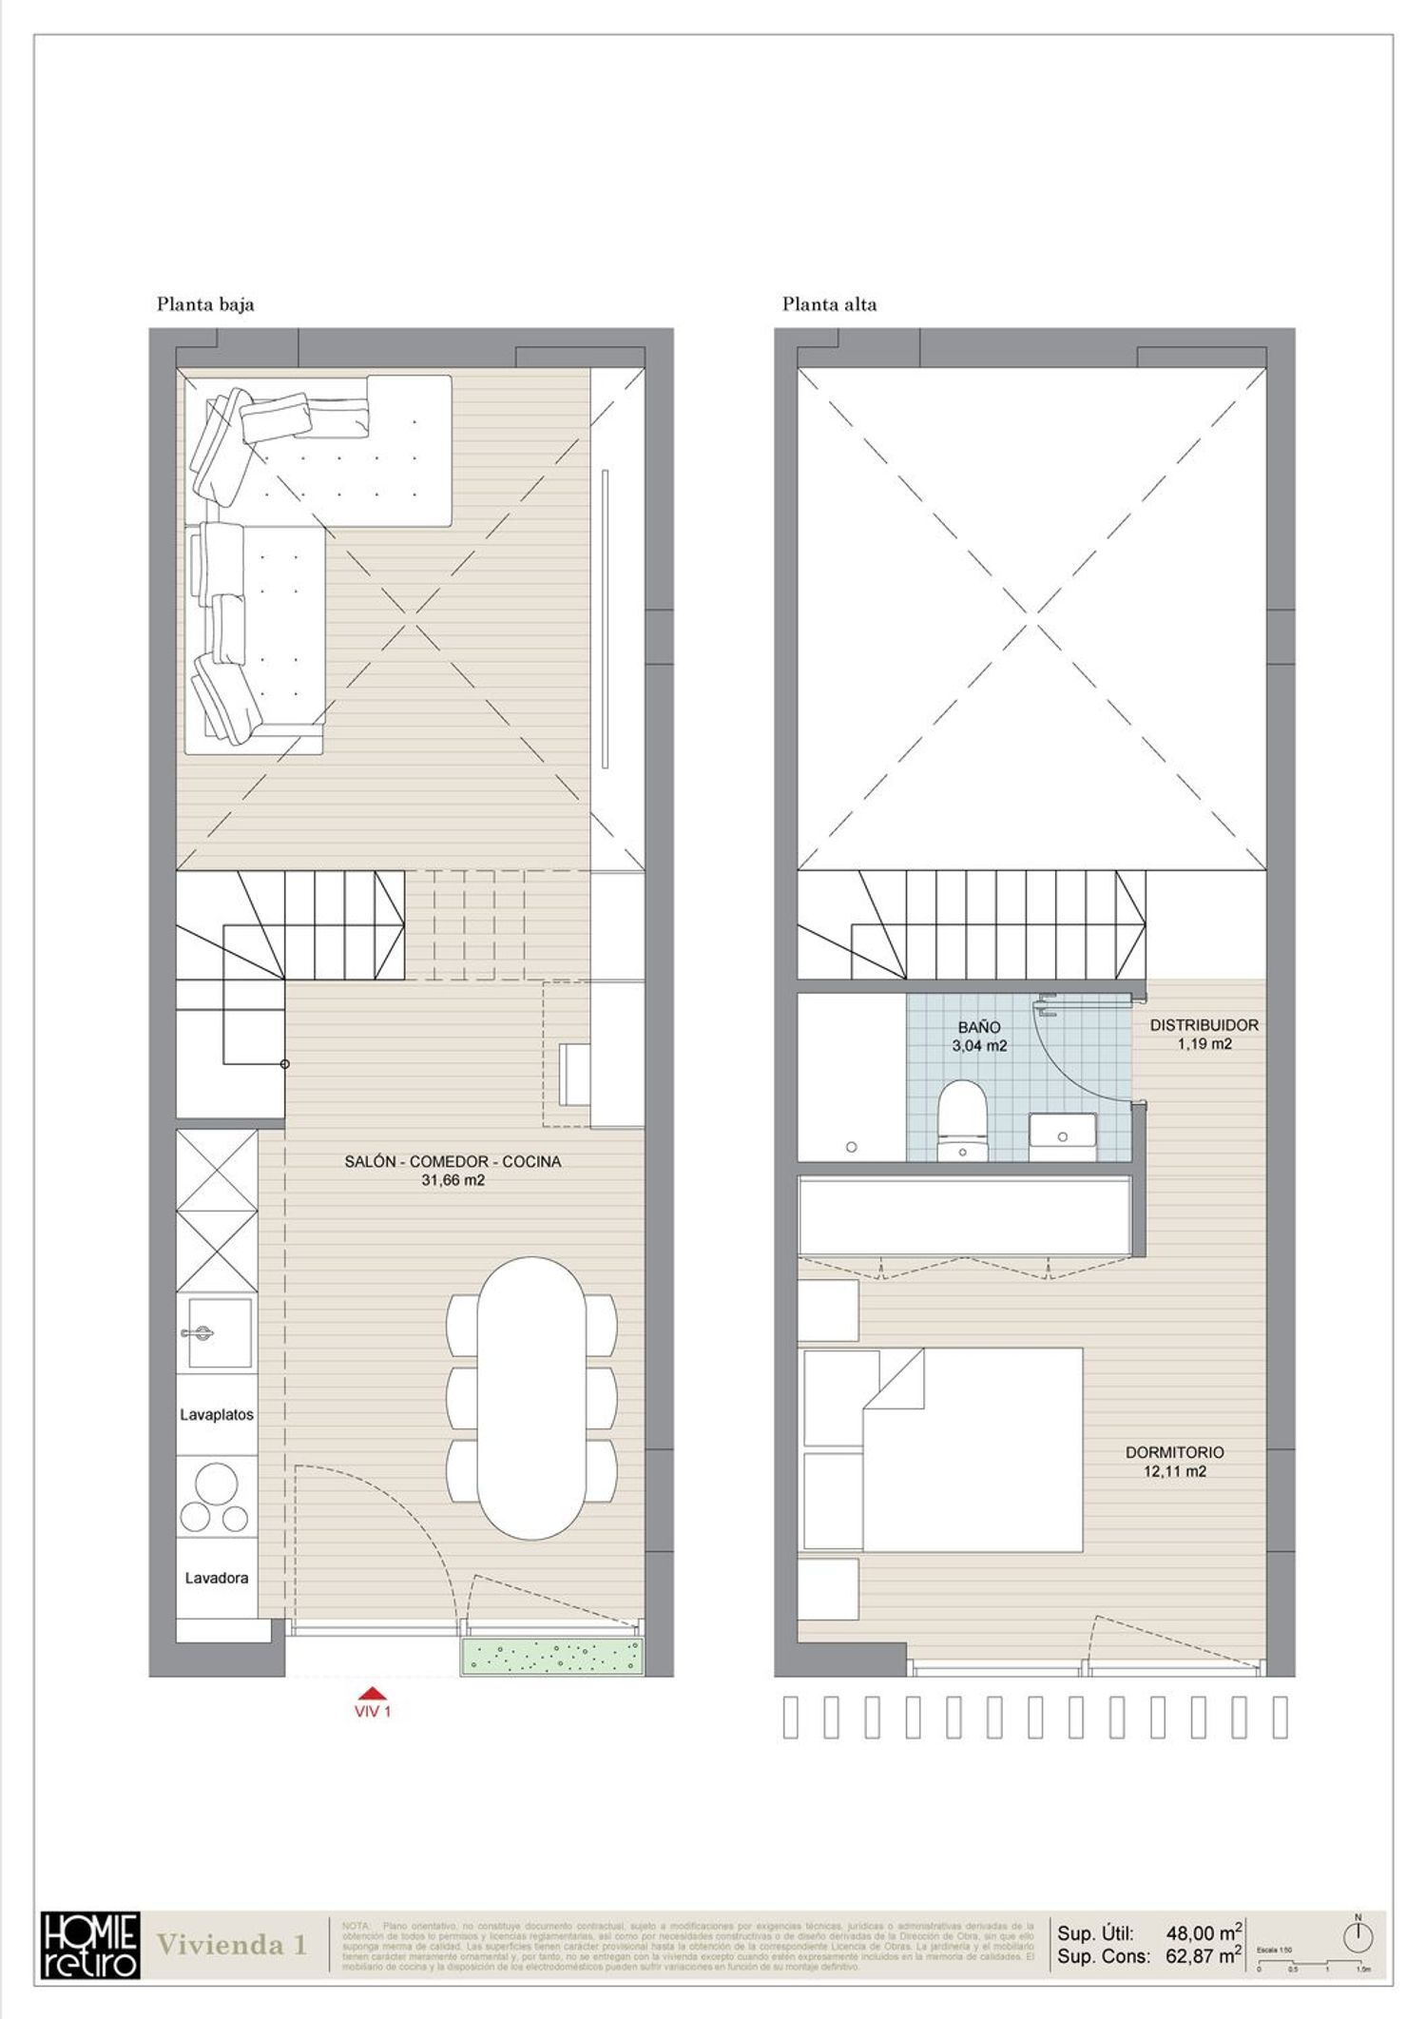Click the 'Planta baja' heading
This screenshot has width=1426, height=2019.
click(x=205, y=305)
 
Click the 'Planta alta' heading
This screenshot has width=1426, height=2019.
click(x=829, y=305)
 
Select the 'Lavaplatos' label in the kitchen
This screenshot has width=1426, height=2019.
click(x=217, y=1414)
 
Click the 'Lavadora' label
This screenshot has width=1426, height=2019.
click(x=217, y=1578)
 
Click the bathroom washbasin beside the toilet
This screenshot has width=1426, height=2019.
click(x=1061, y=1135)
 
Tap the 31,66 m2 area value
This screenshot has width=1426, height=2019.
click(x=453, y=1180)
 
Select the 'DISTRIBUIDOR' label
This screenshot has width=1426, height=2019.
click(x=1204, y=1025)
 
